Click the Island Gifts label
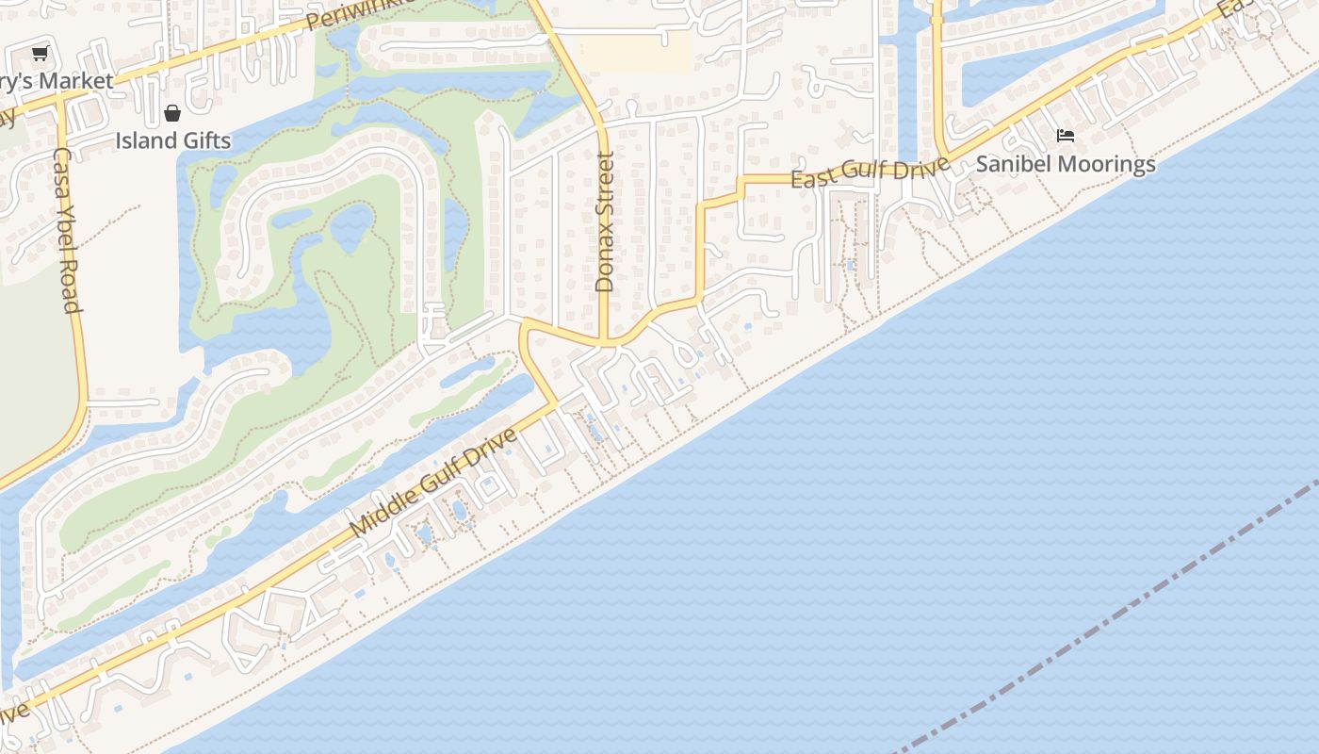point(172,141)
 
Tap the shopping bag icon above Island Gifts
point(172,114)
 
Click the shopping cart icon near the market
point(40,54)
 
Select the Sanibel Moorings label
point(1065,164)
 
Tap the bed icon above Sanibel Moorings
point(1066,136)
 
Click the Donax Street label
point(605,221)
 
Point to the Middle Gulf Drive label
point(433,484)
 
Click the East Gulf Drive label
point(870,172)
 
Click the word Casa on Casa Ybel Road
point(61,169)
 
